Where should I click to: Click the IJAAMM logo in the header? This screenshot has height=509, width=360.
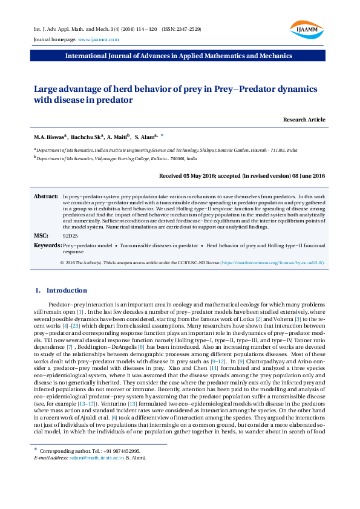coord(307,29)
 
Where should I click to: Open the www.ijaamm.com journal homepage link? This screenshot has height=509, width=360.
coord(98,39)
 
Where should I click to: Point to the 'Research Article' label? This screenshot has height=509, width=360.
coord(304,120)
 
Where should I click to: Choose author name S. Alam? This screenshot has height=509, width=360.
coord(145,137)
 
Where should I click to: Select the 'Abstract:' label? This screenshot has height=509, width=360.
coord(45,197)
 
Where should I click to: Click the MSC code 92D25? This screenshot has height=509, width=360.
coord(70,235)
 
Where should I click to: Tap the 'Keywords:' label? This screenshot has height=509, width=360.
coord(48,245)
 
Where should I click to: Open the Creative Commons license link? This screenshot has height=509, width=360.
coord(272,263)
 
